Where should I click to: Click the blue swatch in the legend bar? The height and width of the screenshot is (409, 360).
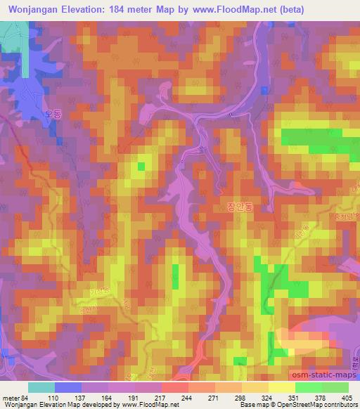[x=67, y=387]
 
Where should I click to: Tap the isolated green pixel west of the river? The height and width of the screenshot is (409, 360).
[x=141, y=166]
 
